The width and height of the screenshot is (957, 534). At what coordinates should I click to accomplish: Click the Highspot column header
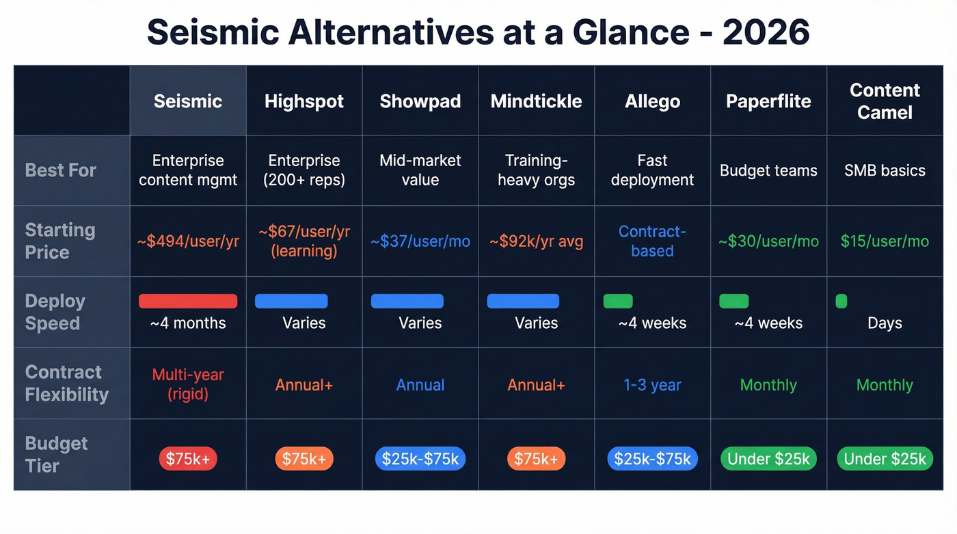(x=304, y=101)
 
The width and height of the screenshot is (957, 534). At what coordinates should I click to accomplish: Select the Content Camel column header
(x=885, y=101)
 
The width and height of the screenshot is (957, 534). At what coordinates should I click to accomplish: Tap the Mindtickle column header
(x=536, y=101)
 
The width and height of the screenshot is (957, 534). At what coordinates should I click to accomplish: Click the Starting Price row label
(x=60, y=241)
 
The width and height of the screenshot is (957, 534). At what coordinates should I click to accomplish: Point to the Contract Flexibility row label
(x=66, y=383)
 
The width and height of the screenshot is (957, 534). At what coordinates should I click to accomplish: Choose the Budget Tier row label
(x=56, y=454)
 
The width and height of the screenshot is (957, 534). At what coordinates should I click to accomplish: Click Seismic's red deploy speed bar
(x=188, y=301)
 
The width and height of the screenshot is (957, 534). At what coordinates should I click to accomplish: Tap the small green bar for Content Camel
(x=841, y=301)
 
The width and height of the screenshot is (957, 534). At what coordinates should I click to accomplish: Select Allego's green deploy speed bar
(x=618, y=301)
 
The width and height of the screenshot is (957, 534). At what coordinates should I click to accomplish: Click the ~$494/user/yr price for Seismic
(x=188, y=241)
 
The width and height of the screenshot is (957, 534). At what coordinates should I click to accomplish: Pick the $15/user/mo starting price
(x=885, y=241)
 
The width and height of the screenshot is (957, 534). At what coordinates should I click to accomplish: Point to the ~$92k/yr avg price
(x=536, y=241)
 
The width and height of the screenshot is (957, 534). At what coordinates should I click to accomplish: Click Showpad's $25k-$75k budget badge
(x=420, y=459)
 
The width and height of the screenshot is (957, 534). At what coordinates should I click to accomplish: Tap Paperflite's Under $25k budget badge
(x=768, y=459)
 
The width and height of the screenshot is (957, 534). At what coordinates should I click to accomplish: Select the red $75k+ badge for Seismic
(x=188, y=459)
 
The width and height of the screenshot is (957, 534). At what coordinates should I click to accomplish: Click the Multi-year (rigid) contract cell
(x=188, y=384)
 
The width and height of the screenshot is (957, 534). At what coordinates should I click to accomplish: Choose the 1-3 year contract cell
(x=652, y=385)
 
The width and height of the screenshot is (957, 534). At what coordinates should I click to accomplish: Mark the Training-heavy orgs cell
(x=536, y=170)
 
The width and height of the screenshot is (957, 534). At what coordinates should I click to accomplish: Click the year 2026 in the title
(x=766, y=32)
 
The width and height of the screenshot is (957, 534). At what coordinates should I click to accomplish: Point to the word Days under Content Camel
(x=885, y=323)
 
